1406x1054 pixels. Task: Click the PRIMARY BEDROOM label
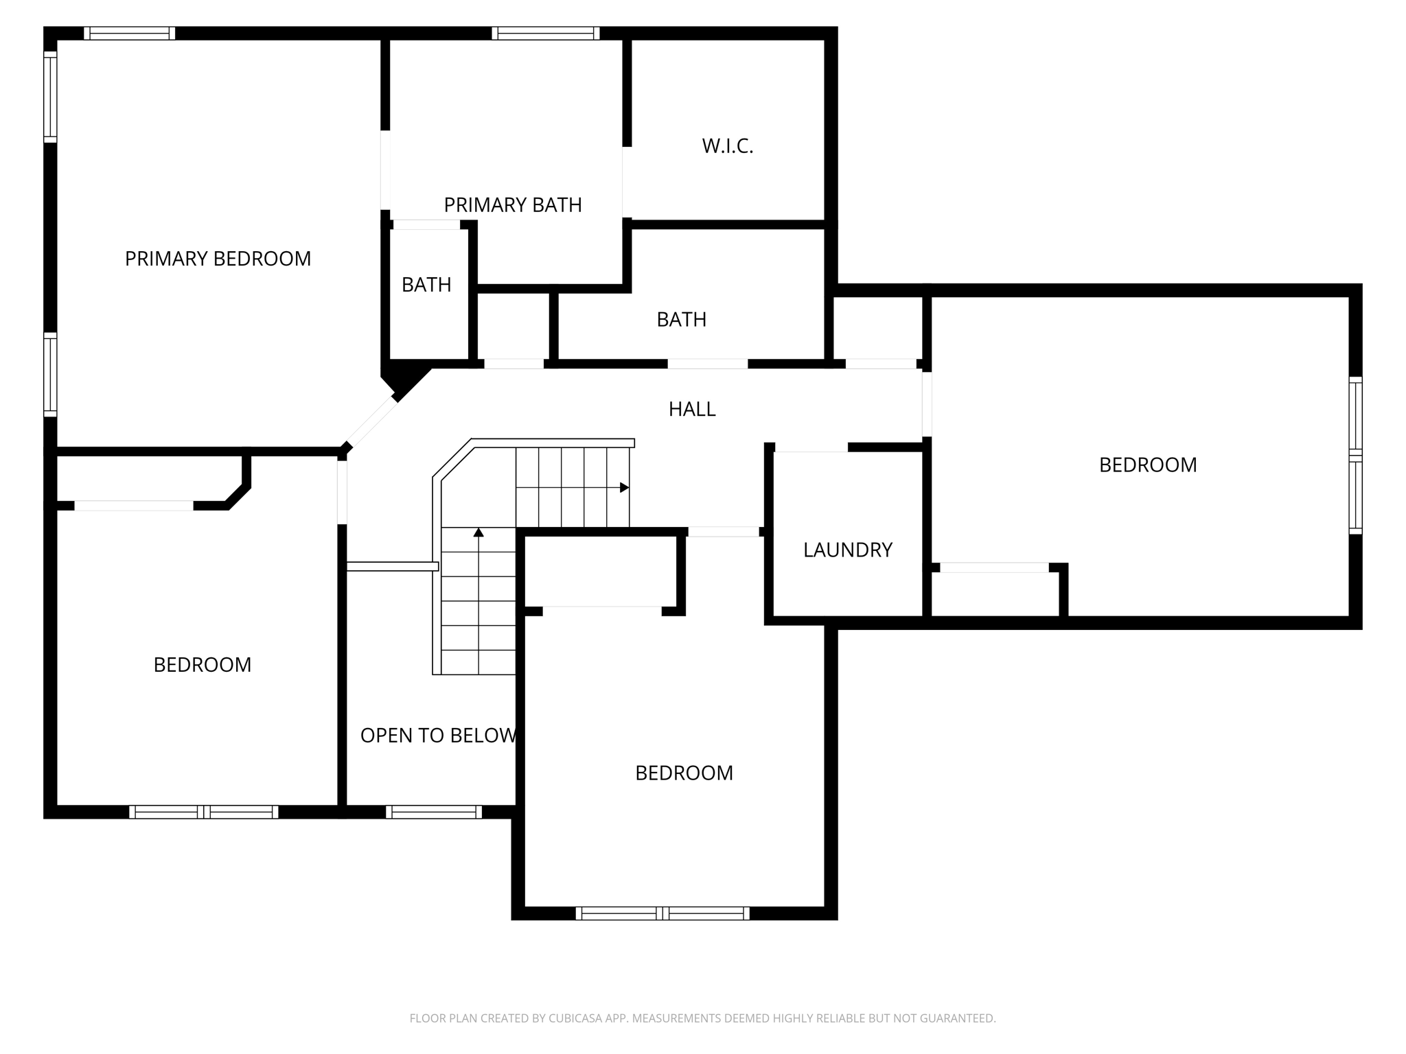(218, 259)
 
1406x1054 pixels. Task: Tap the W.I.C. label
(727, 146)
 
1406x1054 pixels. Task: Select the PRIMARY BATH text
(512, 205)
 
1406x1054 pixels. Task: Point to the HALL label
(691, 409)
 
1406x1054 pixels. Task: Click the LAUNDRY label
(847, 550)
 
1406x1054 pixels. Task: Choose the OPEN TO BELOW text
(438, 736)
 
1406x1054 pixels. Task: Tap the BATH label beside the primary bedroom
(426, 285)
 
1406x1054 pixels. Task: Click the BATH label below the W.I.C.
(681, 320)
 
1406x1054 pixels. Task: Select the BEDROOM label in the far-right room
(1147, 465)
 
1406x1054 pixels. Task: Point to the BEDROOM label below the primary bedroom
(202, 665)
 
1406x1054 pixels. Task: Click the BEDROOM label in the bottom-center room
(684, 773)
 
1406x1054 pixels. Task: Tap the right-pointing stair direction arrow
(623, 488)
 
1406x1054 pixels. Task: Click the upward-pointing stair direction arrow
(479, 532)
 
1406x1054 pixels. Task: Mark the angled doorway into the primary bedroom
(371, 423)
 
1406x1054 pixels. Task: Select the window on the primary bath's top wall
(546, 33)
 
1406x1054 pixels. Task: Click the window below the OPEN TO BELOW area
(433, 812)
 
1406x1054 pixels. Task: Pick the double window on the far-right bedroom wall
(1355, 455)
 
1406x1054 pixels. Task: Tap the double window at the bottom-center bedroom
(662, 913)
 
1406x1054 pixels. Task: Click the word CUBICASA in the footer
(575, 1018)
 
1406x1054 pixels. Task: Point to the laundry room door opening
(811, 448)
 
